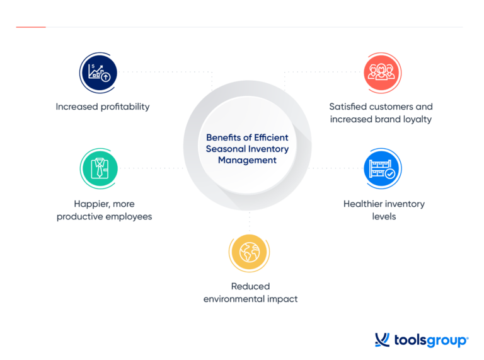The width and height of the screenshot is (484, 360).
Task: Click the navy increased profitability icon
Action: pyautogui.click(x=98, y=71)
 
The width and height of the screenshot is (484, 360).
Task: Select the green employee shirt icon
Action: pyautogui.click(x=98, y=168)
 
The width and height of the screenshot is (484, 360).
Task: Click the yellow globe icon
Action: pyautogui.click(x=250, y=253)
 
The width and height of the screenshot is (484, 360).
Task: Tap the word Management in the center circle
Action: pyautogui.click(x=247, y=160)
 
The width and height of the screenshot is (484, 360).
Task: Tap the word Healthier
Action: pyautogui.click(x=364, y=204)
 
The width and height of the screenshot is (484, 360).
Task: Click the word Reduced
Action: pyautogui.click(x=250, y=286)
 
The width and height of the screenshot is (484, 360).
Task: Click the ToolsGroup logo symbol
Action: pyautogui.click(x=383, y=340)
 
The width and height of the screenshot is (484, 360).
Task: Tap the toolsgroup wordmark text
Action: pyautogui.click(x=431, y=341)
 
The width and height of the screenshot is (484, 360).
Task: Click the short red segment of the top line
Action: pyautogui.click(x=30, y=27)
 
